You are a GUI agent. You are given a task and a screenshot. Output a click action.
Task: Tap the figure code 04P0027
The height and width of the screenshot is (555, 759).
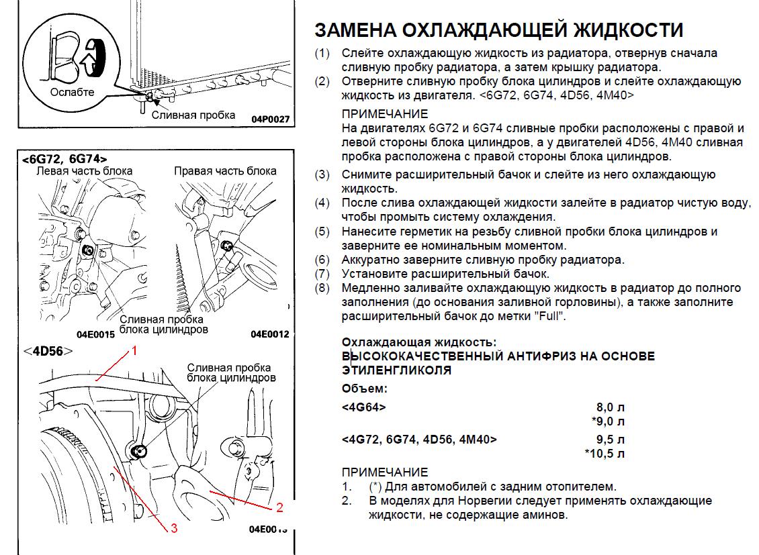(270, 119)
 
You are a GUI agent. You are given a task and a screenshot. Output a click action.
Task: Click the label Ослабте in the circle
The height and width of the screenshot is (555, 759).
(72, 92)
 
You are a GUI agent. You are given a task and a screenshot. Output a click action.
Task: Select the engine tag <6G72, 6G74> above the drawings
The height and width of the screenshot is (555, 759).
(64, 159)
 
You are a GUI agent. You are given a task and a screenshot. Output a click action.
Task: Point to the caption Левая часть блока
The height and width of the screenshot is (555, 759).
(84, 170)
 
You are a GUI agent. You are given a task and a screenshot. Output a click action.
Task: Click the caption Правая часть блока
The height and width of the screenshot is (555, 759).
(225, 170)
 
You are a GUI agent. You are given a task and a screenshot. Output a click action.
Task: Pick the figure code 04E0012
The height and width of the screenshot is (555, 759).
(269, 334)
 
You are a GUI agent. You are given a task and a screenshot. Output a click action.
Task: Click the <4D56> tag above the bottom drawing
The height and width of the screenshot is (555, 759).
(47, 350)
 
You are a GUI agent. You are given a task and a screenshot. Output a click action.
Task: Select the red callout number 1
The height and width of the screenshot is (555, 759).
(134, 350)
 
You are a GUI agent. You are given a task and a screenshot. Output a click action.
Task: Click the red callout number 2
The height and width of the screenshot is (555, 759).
(280, 507)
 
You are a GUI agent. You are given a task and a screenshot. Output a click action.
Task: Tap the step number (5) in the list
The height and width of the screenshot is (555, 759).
(322, 232)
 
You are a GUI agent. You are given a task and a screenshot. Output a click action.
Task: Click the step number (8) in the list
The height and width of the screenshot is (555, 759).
(322, 288)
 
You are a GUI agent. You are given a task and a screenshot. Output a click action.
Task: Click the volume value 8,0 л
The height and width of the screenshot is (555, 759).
(611, 407)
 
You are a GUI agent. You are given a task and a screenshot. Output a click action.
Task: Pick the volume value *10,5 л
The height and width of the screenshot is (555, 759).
(605, 454)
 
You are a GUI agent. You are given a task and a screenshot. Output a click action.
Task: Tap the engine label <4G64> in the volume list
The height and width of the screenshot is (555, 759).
(363, 407)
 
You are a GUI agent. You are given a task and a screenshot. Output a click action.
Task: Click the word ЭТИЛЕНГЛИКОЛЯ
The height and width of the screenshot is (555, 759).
(396, 370)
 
